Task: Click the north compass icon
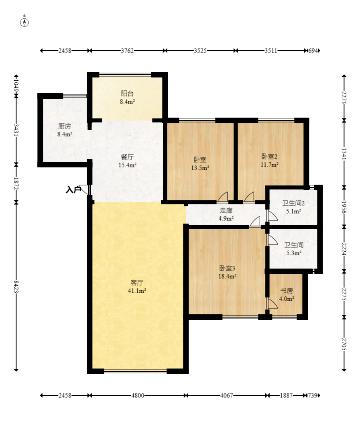pyautogui.click(x=24, y=22)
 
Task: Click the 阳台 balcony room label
pyautogui.click(x=127, y=94)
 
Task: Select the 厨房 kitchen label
pyautogui.click(x=65, y=126)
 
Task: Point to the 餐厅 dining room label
pyautogui.click(x=127, y=157)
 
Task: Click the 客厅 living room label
pyautogui.click(x=137, y=283)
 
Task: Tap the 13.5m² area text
pyautogui.click(x=200, y=168)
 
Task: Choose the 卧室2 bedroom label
pyautogui.click(x=269, y=157)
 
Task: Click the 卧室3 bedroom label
pyautogui.click(x=227, y=268)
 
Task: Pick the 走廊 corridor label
pyautogui.click(x=226, y=210)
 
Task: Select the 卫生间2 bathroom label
pyautogui.click(x=293, y=203)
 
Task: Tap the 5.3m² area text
pyautogui.click(x=294, y=253)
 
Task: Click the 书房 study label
pyautogui.click(x=287, y=291)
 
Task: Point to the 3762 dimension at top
pyautogui.click(x=127, y=51)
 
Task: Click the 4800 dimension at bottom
pyautogui.click(x=138, y=395)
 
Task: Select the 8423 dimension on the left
pyautogui.click(x=16, y=287)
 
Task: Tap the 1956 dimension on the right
pyautogui.click(x=344, y=208)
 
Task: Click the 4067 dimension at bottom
pyautogui.click(x=227, y=395)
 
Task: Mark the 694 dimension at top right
pyautogui.click(x=313, y=51)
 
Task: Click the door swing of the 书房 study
pyautogui.click(x=273, y=303)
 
